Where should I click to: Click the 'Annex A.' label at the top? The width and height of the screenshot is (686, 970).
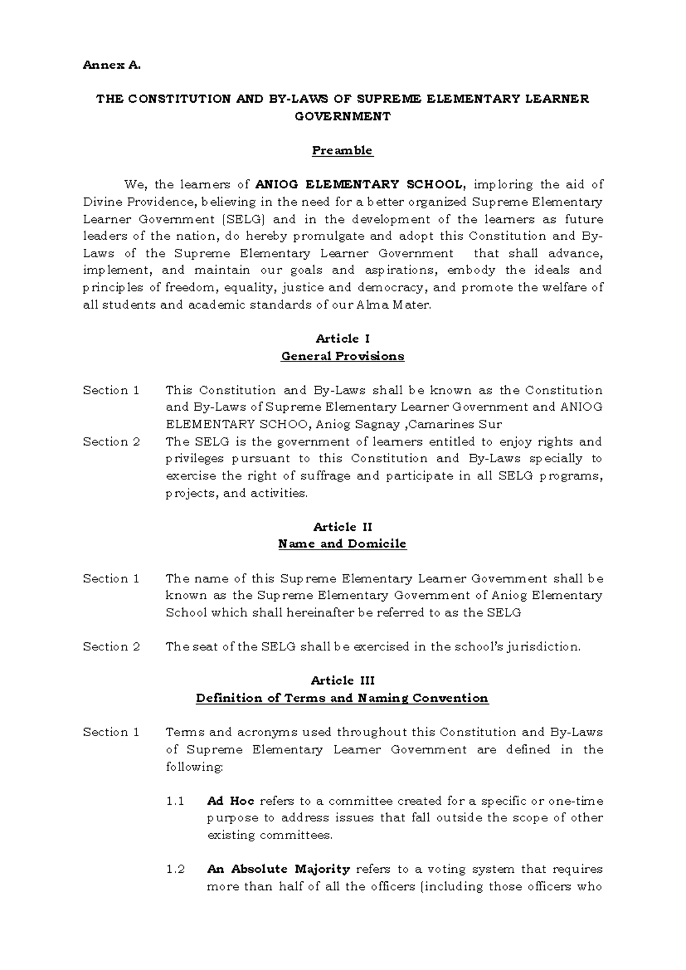[x=111, y=65]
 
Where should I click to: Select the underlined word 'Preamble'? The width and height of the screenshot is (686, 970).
[x=342, y=150]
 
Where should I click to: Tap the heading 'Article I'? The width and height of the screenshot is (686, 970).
[x=342, y=339]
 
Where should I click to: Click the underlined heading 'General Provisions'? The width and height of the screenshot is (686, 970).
[x=342, y=356]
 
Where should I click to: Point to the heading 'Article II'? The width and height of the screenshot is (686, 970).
[x=342, y=527]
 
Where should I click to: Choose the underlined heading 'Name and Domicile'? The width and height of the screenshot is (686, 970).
[x=342, y=544]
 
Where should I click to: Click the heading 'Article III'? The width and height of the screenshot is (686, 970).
[x=342, y=681]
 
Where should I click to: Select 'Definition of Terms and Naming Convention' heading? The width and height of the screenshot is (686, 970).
[x=342, y=698]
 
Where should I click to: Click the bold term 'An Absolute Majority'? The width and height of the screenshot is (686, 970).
[x=278, y=869]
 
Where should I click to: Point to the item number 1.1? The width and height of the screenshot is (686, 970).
[x=175, y=801]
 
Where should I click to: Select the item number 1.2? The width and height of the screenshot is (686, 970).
[x=176, y=869]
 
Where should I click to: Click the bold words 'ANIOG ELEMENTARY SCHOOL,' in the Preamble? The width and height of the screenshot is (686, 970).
[x=361, y=185]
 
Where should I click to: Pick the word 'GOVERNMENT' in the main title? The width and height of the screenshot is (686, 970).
[x=342, y=116]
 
